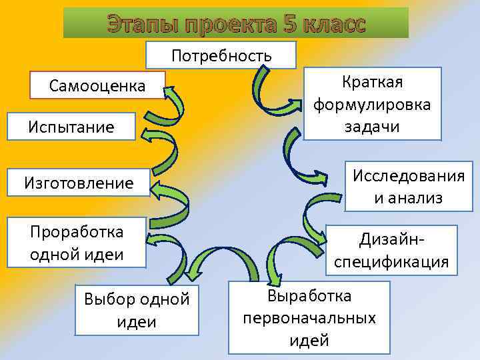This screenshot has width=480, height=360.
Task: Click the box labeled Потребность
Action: [x=222, y=55]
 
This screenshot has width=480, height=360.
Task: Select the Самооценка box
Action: [x=97, y=85]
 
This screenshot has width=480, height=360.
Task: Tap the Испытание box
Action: [x=71, y=126]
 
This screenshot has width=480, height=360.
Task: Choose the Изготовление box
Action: [x=79, y=182]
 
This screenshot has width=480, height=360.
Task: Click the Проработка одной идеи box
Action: [x=77, y=243]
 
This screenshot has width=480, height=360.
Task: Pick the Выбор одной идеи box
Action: [x=137, y=310]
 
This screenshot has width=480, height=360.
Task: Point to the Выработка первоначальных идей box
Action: [x=309, y=318]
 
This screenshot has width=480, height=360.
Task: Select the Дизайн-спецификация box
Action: [x=391, y=250]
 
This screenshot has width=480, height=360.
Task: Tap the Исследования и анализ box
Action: [x=408, y=187]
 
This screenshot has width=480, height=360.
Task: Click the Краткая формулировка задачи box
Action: [x=372, y=103]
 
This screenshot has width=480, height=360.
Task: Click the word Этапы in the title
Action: [x=138, y=24]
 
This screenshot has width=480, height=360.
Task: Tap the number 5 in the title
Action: [x=289, y=24]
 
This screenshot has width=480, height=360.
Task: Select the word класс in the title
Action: [x=333, y=24]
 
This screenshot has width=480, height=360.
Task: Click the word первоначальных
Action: [x=309, y=318]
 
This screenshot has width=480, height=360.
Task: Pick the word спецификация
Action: [x=391, y=261]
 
